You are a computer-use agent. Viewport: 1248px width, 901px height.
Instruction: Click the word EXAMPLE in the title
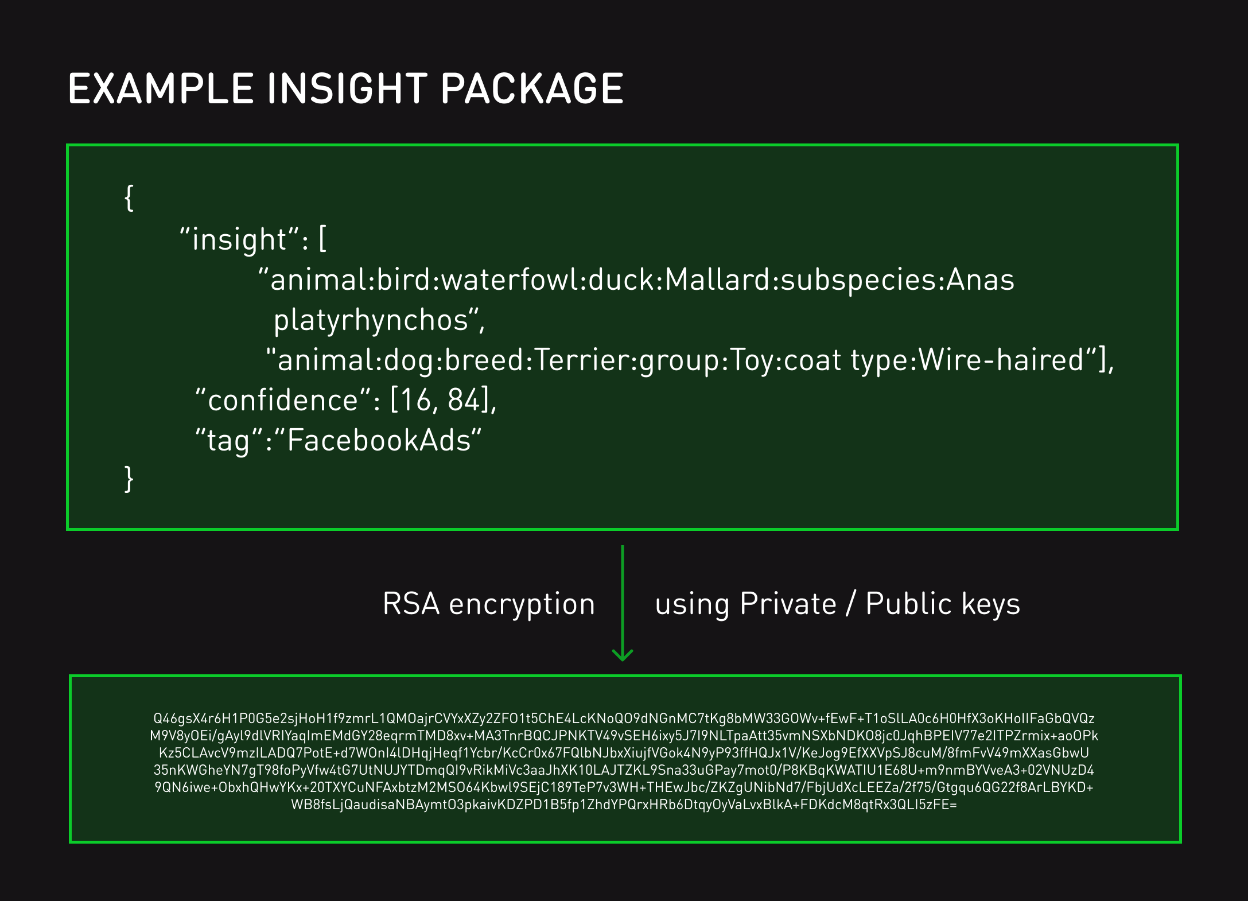tap(161, 89)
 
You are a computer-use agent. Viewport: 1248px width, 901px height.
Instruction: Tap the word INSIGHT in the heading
tap(347, 89)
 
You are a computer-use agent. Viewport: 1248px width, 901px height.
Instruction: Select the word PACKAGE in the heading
tap(532, 89)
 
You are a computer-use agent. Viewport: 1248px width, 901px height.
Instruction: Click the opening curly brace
tap(130, 198)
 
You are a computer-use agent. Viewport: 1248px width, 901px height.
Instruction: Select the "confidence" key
tap(284, 400)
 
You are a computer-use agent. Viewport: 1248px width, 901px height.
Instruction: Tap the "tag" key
tap(229, 441)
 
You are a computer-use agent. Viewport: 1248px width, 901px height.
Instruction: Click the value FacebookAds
tap(379, 441)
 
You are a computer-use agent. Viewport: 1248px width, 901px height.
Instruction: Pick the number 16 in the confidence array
tap(416, 400)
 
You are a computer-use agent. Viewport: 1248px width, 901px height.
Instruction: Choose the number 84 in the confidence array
tap(464, 400)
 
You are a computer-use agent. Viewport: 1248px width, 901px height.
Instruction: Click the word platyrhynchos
tap(371, 320)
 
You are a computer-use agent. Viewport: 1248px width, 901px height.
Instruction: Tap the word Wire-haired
tap(1001, 360)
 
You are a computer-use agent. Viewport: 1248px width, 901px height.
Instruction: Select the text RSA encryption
tap(489, 604)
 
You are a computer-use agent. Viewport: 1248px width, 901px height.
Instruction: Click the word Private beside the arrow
tap(788, 604)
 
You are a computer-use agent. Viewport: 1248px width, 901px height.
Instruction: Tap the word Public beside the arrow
tap(909, 604)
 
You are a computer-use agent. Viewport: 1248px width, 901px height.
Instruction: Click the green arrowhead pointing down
tap(623, 655)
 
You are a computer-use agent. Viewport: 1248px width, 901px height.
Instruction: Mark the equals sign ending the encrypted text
tap(953, 805)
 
